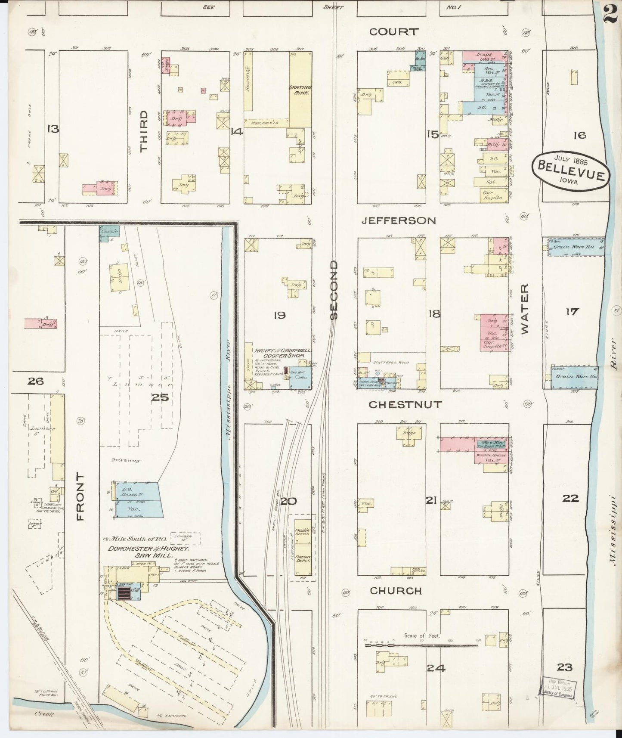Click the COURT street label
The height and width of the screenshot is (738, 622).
coord(393,31)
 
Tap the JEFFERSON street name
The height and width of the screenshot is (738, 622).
coord(399,220)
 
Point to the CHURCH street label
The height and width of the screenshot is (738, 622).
coord(396,591)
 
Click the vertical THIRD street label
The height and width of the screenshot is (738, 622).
coord(143,130)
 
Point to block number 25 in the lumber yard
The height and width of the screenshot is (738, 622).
coord(159,397)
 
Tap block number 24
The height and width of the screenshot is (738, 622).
coord(436,668)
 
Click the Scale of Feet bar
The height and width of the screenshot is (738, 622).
coord(422,645)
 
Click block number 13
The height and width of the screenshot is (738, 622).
coord(53,129)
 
